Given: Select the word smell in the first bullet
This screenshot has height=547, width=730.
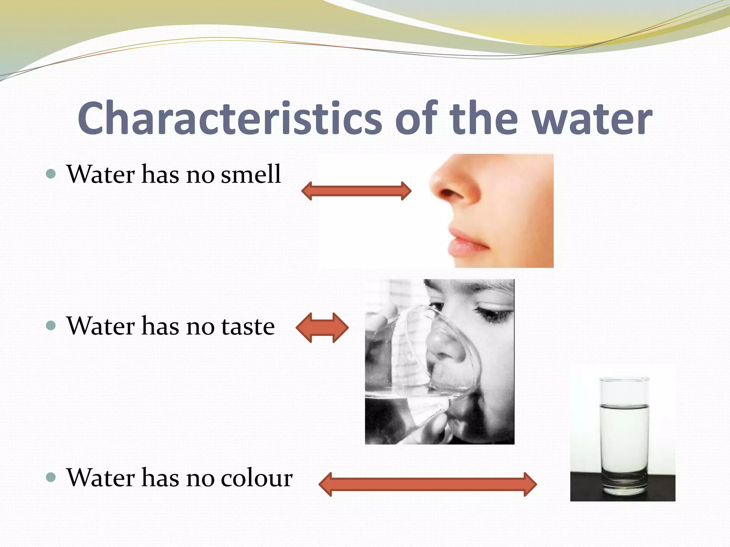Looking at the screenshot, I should pos(251,174).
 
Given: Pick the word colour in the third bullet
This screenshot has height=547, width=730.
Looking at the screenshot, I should pos(257,478).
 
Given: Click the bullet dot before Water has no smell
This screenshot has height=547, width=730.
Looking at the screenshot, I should pos(51,174).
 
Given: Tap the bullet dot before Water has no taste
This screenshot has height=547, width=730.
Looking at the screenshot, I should pos(51,325).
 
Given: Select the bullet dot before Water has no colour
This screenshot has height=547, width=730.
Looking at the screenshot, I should pos(51,477).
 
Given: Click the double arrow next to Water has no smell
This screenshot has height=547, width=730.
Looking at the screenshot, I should pos(356,191).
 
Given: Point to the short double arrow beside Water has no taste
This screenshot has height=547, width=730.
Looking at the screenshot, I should pos(322,328).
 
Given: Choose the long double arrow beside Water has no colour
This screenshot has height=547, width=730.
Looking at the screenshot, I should pos(427,484).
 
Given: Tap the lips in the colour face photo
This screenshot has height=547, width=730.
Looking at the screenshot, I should pos(465,242).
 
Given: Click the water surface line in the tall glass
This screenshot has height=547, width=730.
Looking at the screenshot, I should pos(623,406).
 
